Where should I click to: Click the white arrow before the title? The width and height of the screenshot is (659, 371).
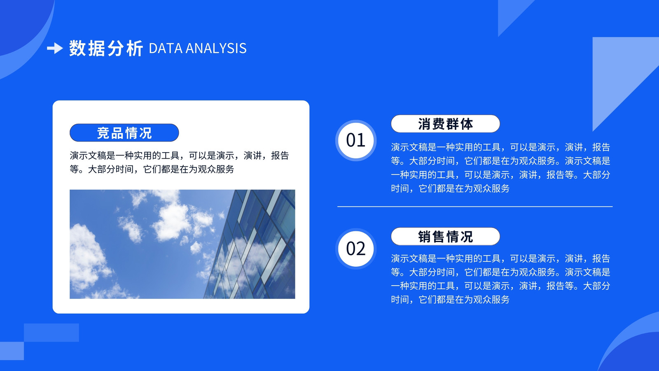(x=55, y=48)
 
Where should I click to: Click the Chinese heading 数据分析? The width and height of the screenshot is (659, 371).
(x=106, y=48)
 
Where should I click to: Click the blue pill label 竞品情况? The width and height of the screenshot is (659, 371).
(x=124, y=133)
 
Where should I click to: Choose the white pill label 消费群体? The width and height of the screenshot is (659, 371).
(x=445, y=124)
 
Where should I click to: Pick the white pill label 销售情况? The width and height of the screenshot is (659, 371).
(x=445, y=237)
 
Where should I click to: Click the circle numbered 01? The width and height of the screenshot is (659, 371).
(x=356, y=141)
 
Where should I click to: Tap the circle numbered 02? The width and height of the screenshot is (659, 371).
(x=356, y=249)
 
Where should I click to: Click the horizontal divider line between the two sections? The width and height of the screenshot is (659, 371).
(x=475, y=207)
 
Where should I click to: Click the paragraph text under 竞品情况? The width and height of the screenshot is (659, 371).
(x=179, y=162)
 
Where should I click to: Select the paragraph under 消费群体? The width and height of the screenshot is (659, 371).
(x=500, y=168)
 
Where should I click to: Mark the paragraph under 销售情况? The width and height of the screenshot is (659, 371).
(x=500, y=279)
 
